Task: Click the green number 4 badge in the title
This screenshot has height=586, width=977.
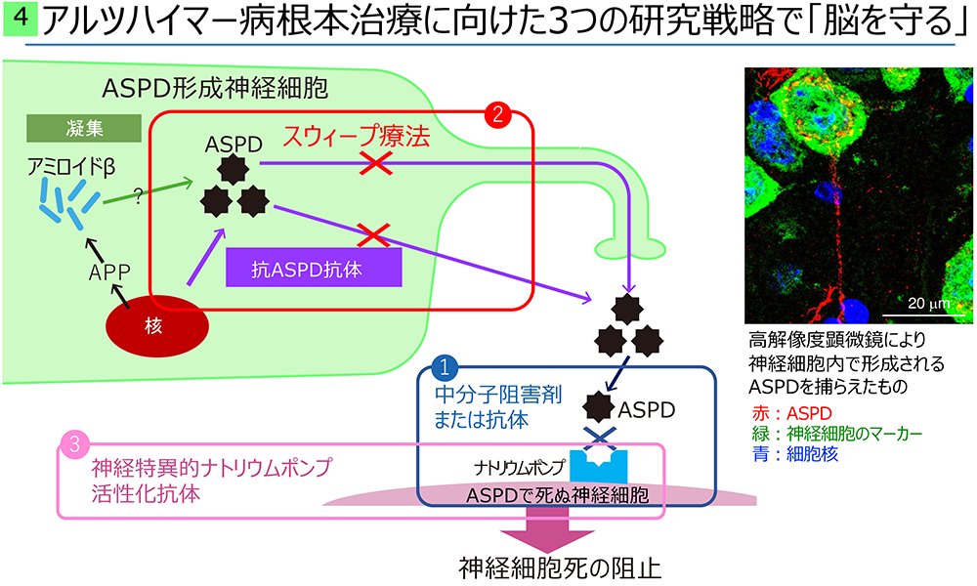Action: click(20, 18)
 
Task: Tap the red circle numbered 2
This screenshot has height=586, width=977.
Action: click(497, 114)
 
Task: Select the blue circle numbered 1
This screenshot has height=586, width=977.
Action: click(445, 367)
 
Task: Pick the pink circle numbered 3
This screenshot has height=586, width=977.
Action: click(74, 444)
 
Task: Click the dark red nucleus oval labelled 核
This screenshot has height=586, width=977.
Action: click(157, 325)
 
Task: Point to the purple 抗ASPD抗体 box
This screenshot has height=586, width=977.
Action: click(314, 268)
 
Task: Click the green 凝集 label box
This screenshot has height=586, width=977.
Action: click(84, 128)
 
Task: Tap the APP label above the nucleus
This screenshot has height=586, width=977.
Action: click(109, 272)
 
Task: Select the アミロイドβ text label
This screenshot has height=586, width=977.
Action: click(71, 168)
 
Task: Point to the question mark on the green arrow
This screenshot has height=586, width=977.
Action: click(139, 196)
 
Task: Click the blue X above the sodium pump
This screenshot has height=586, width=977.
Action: click(600, 438)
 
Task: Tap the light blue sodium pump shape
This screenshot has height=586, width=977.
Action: click(599, 464)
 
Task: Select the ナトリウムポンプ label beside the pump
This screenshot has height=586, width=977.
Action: click(519, 467)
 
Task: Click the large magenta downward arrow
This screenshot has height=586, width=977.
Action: click(546, 525)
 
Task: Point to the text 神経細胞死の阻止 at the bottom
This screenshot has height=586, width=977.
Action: click(560, 568)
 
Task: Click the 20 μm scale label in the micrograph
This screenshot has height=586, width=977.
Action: click(928, 304)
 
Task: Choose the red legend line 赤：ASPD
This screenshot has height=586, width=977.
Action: click(791, 413)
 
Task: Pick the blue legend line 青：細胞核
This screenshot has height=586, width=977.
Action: click(794, 453)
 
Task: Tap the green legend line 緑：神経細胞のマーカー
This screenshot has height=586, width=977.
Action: click(836, 434)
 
